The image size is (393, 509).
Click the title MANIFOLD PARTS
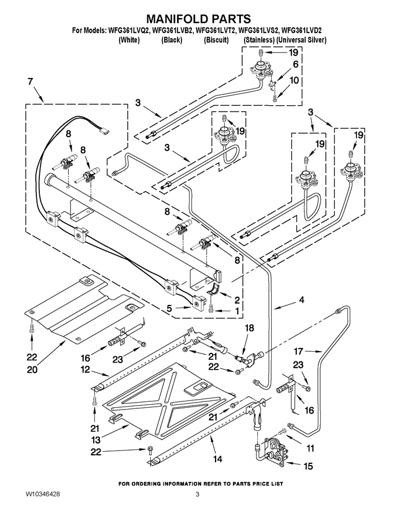coord(198,19)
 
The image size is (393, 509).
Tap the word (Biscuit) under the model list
coord(216,40)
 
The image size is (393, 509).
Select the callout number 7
coord(30,82)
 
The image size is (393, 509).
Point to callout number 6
coord(295,64)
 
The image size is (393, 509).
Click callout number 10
coord(294,80)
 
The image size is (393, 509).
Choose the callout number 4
coord(301,300)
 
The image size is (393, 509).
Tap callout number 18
coord(249,328)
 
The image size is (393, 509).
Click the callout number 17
coord(298,351)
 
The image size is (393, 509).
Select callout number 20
coord(32,370)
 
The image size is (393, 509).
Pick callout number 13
coord(96,440)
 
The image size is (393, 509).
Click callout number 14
coord(218,459)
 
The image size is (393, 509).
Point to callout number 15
coord(308,466)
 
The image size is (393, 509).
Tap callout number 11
coord(310,448)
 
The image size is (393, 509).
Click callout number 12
coord(85,370)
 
